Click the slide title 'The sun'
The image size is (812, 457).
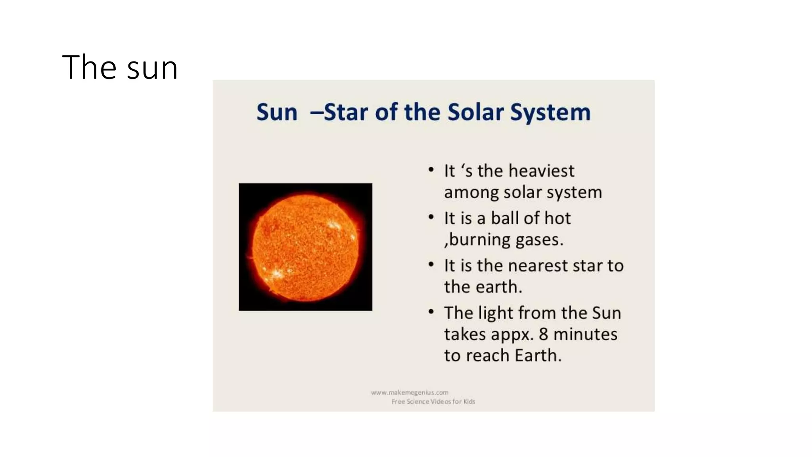(120, 67)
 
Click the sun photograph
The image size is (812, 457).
(305, 247)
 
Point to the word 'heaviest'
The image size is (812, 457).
(541, 171)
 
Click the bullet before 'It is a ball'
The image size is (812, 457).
(431, 217)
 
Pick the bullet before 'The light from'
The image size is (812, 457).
(431, 312)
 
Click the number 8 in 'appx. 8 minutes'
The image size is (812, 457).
(543, 334)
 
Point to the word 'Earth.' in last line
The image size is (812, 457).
(538, 355)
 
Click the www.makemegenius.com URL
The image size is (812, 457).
(410, 392)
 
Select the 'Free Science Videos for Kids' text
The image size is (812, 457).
(433, 401)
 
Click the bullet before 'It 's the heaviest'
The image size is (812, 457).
(431, 170)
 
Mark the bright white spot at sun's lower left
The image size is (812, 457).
(276, 273)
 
